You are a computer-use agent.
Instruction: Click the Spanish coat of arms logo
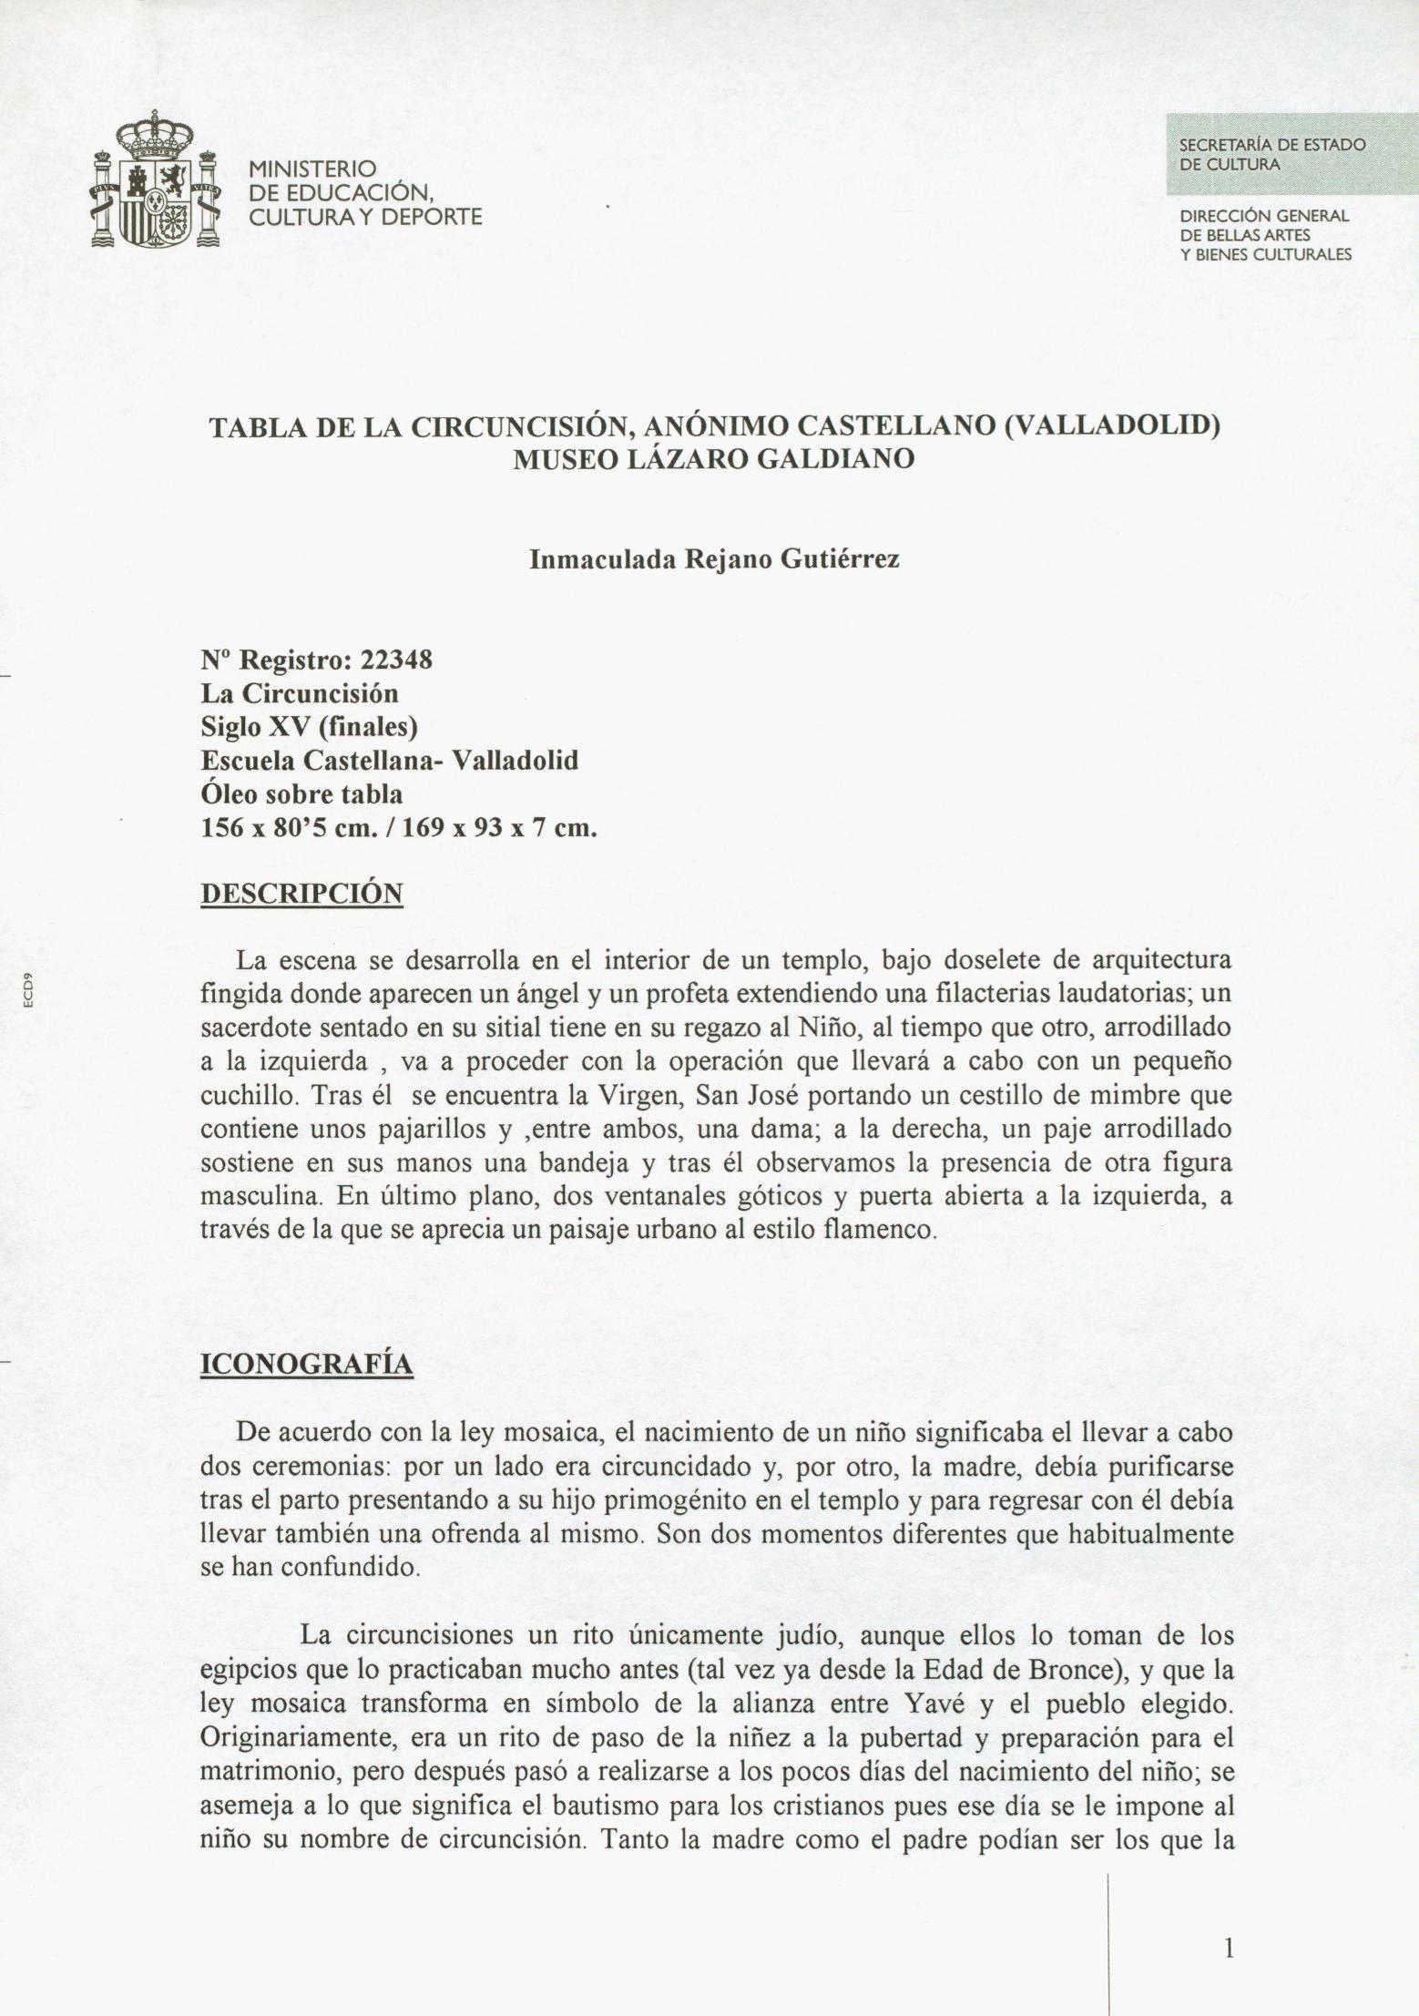coord(157,181)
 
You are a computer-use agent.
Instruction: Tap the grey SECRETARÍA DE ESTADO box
coord(1291,154)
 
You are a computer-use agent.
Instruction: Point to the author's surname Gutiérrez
coord(841,559)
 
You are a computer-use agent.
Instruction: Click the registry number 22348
coord(397,660)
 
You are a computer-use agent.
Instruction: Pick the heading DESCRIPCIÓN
coord(301,893)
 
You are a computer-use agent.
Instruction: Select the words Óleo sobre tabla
coord(301,794)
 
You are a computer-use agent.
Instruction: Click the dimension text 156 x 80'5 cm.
coord(291,828)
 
